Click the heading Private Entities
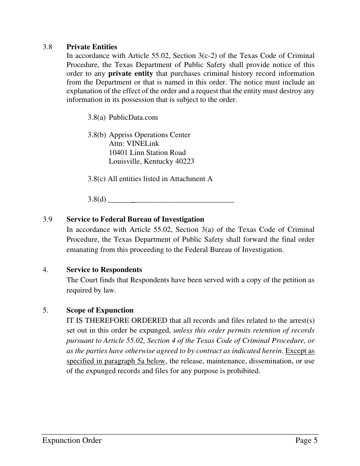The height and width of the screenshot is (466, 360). point(92,47)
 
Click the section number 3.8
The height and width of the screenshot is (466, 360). point(47,47)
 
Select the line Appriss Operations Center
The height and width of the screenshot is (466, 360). point(150,135)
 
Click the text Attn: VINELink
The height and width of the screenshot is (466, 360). point(134,144)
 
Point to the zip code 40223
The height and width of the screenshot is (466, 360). point(185,161)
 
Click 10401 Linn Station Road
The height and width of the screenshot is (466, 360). point(147,153)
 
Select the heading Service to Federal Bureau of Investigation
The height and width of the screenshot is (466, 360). point(135,219)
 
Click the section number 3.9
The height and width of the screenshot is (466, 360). point(47,219)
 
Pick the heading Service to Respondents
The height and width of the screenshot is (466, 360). point(104,270)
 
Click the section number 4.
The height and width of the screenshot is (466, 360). point(45,270)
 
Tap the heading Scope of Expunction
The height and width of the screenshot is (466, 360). point(100,310)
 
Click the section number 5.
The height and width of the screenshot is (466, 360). point(45,310)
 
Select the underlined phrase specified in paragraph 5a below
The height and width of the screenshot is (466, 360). point(116,361)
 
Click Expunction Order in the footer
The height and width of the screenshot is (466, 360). point(72,440)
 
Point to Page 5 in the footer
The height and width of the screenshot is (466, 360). point(306,440)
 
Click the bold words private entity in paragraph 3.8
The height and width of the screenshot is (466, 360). point(130,73)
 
